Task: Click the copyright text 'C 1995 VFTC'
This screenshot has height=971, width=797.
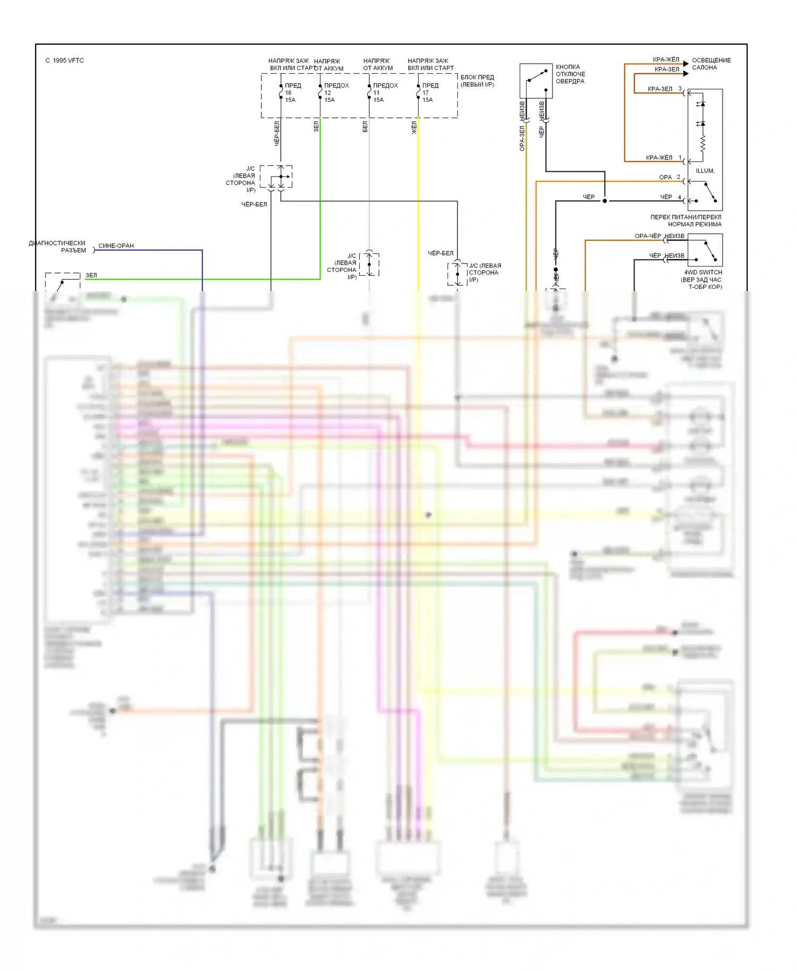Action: (64, 61)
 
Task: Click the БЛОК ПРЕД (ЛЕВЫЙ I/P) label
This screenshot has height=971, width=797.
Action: (477, 81)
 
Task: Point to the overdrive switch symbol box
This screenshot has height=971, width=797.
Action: (536, 81)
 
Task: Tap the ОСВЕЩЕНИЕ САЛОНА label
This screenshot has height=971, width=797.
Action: (711, 64)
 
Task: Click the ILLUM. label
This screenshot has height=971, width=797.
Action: (705, 171)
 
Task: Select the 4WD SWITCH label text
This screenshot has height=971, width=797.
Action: (703, 272)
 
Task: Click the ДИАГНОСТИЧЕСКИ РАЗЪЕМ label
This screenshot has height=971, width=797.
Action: (57, 246)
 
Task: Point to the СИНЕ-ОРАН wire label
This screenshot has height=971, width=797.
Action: (116, 246)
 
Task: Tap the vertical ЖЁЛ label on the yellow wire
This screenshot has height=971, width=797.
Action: (414, 127)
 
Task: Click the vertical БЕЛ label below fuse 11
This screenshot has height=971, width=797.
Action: (365, 126)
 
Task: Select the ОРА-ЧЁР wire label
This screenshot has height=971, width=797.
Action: (648, 236)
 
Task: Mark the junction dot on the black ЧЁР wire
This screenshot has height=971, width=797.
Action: (605, 201)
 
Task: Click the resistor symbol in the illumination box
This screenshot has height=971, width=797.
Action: (702, 143)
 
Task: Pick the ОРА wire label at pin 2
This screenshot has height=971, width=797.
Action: (665, 177)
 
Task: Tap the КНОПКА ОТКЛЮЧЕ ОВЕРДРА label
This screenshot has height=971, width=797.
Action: (570, 74)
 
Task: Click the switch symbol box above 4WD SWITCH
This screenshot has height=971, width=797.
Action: (705, 250)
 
